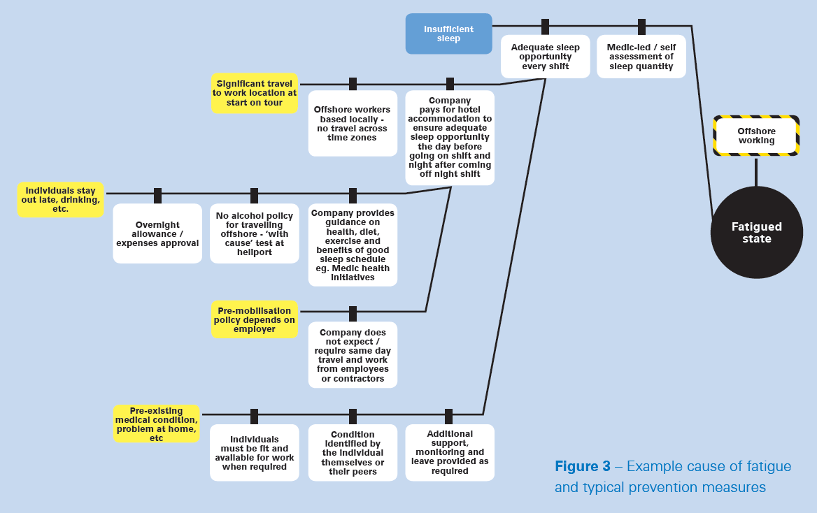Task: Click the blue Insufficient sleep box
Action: [448, 34]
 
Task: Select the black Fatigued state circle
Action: [757, 232]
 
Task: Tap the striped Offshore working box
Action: [756, 136]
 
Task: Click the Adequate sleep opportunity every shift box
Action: [545, 56]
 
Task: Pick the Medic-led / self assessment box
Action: [641, 56]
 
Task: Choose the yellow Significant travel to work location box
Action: [255, 93]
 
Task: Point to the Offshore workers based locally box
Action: [353, 124]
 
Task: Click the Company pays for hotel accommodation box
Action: [450, 138]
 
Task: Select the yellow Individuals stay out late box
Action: [60, 199]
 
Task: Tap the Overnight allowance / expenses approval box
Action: [157, 233]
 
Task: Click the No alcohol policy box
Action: [255, 233]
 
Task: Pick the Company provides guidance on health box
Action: [353, 245]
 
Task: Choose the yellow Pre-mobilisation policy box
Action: [255, 319]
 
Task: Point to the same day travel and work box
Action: [353, 354]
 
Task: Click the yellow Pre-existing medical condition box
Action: [156, 424]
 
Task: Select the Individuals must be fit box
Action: [255, 453]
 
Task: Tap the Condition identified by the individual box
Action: [353, 453]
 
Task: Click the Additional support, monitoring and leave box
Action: [450, 453]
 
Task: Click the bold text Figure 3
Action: [583, 466]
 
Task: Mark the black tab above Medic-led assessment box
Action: [642, 27]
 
